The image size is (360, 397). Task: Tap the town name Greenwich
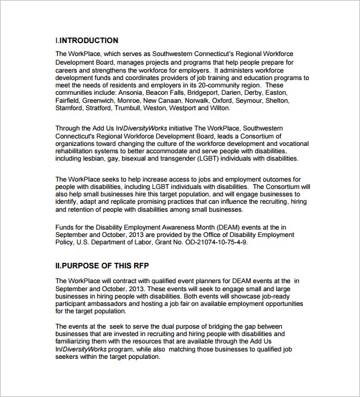(99, 100)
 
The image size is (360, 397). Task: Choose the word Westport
(183, 108)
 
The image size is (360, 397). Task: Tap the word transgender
(176, 158)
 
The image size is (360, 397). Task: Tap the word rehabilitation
(78, 151)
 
